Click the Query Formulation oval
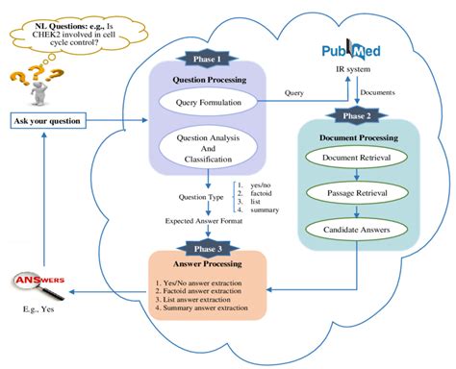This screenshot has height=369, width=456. click(x=208, y=100)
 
